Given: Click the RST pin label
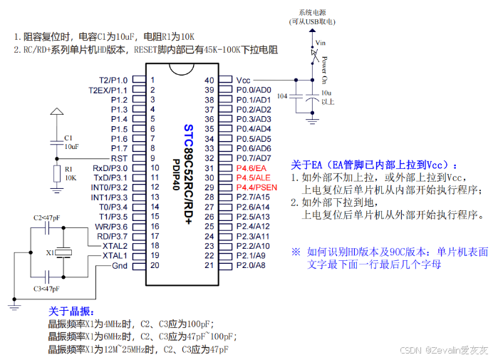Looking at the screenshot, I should [x=119, y=158].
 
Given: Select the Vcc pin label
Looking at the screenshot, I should [x=244, y=80].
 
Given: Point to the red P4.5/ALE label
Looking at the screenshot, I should [x=253, y=177].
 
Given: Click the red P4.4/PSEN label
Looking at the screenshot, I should [x=256, y=187].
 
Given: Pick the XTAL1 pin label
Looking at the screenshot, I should [x=115, y=255].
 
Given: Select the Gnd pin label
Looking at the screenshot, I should [x=120, y=265].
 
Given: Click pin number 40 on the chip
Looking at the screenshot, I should [x=209, y=80].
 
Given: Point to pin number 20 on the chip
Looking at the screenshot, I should [x=153, y=265].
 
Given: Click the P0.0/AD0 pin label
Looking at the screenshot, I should [x=254, y=90].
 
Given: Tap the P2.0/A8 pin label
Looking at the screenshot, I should [x=251, y=265].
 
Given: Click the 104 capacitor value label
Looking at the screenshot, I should [x=283, y=95].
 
